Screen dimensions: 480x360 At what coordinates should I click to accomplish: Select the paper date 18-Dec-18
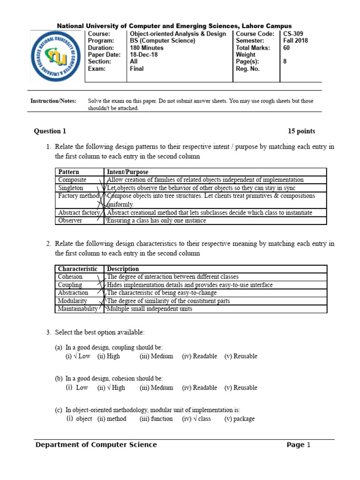pyautogui.click(x=140, y=54)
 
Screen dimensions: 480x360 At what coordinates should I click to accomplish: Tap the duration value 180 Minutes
pyautogui.click(x=146, y=48)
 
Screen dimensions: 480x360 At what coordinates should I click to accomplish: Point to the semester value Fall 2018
pyautogui.click(x=295, y=41)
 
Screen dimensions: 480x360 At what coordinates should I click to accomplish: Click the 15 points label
pyautogui.click(x=301, y=131)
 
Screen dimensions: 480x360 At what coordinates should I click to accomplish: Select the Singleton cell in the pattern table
pyautogui.click(x=71, y=188)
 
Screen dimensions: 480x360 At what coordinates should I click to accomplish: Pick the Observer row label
pyautogui.click(x=70, y=220)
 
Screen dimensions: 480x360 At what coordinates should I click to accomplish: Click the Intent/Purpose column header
pyautogui.click(x=127, y=172)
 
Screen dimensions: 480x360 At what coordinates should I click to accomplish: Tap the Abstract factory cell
pyautogui.click(x=79, y=212)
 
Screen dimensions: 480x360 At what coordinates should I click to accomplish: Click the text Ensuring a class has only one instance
pyautogui.click(x=157, y=220)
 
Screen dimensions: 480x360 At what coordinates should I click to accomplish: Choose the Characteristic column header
pyautogui.click(x=77, y=269)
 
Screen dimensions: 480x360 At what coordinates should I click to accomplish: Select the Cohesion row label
pyautogui.click(x=70, y=277)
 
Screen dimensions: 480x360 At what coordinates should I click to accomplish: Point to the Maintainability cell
pyautogui.click(x=78, y=308)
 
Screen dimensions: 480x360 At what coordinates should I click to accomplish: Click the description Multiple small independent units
pyautogui.click(x=149, y=308)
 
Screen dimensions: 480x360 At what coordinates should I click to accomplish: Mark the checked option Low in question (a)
pyautogui.click(x=82, y=356)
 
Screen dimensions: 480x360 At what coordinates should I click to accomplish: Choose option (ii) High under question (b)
pyautogui.click(x=114, y=388)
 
